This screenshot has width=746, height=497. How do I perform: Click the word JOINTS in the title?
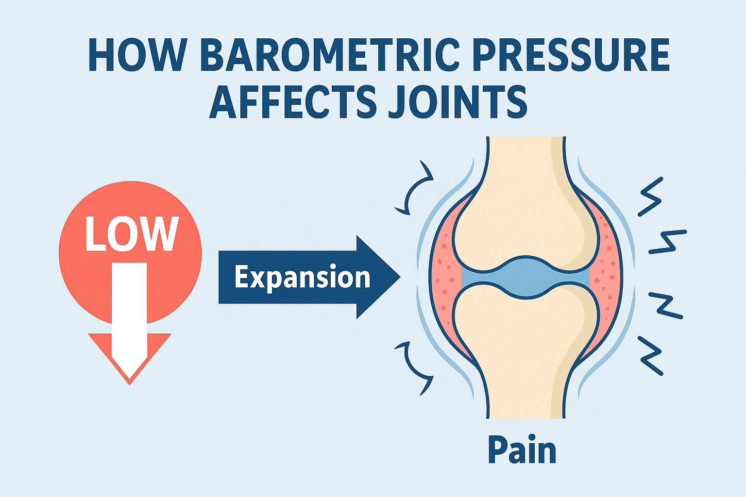[457, 102]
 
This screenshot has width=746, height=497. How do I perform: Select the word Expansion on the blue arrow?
[302, 277]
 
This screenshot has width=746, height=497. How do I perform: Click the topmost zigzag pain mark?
[650, 197]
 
